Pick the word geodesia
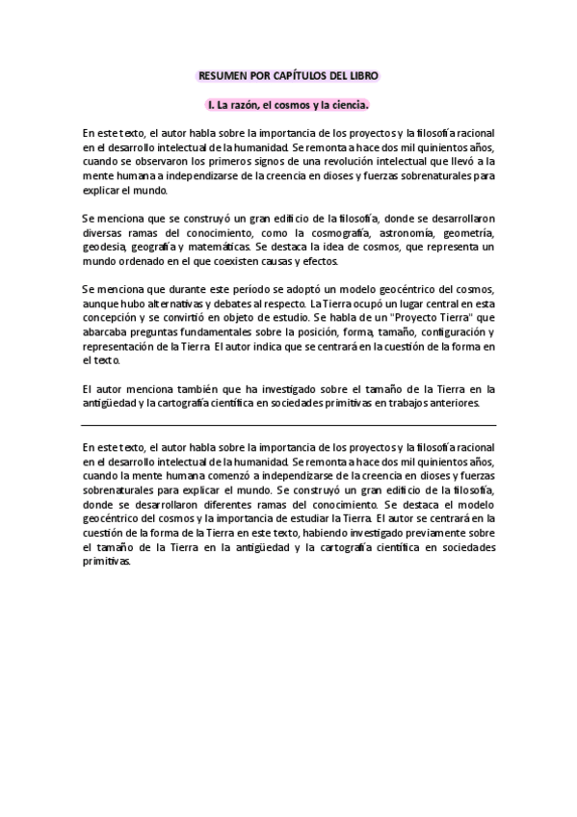click(104, 247)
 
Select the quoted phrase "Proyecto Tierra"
click(424, 318)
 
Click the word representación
click(118, 347)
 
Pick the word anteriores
click(453, 403)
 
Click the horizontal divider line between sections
click(288, 425)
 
